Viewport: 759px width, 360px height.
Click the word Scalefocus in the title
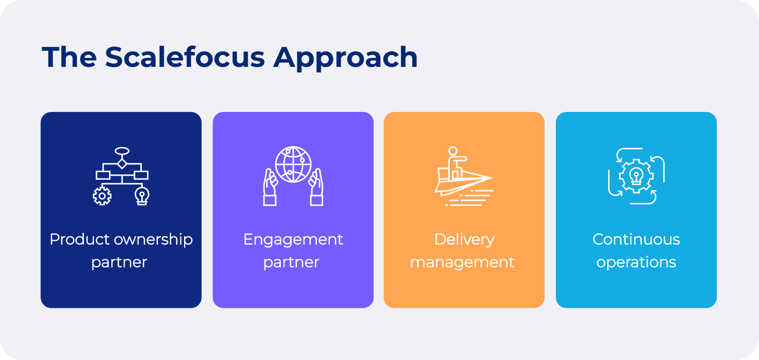[x=185, y=57]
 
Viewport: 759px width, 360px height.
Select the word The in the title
[x=69, y=57]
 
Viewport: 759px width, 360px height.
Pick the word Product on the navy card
[x=80, y=239]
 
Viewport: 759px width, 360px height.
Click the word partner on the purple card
[x=291, y=262]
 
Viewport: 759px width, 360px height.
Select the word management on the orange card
[x=462, y=263]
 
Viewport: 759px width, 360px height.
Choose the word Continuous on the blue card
[x=636, y=239]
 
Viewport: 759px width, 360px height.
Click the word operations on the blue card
[x=636, y=263]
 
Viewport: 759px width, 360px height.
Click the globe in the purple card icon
[x=293, y=164]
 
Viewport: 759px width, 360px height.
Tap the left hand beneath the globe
[x=270, y=187]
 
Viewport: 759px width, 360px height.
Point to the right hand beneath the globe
[x=316, y=187]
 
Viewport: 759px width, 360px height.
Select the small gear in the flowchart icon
[x=102, y=196]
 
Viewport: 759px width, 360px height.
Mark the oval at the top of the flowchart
[x=122, y=151]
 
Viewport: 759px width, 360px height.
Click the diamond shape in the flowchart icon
[x=122, y=164]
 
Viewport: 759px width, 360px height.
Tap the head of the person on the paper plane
[x=453, y=151]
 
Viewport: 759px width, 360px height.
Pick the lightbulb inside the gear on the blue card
[x=636, y=176]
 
